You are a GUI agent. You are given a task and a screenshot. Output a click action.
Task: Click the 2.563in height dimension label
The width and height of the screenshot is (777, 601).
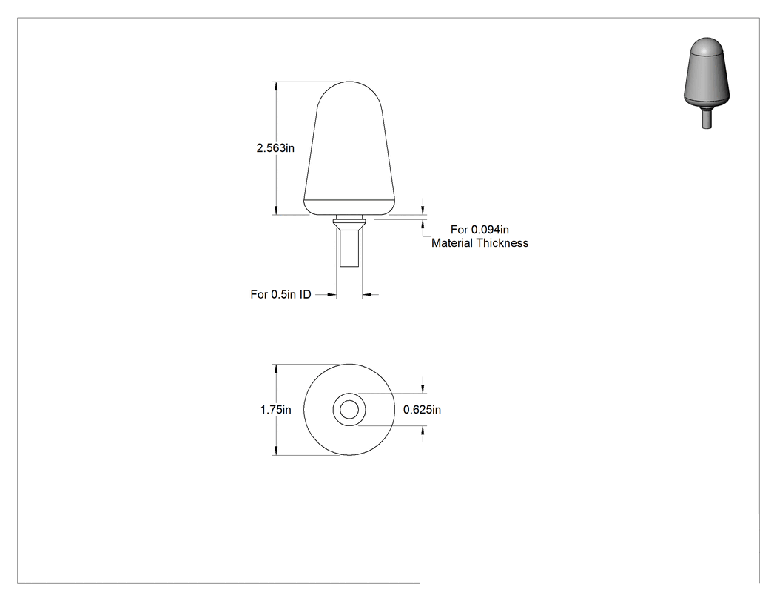[275, 148]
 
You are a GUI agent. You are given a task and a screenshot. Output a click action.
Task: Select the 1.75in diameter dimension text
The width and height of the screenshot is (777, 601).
[275, 409]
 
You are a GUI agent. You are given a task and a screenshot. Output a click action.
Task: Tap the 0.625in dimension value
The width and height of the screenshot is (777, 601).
[422, 409]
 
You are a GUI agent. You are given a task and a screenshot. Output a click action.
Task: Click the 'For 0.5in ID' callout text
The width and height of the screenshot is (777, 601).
[280, 294]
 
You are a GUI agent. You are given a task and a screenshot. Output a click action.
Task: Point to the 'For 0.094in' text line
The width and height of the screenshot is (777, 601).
[480, 229]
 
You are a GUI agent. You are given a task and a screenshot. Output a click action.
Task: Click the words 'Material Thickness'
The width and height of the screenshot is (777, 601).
[480, 242]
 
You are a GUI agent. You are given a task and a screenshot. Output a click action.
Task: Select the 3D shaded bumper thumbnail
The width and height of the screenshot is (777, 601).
[707, 83]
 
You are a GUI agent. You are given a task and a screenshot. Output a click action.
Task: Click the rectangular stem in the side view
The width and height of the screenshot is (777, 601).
[349, 248]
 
